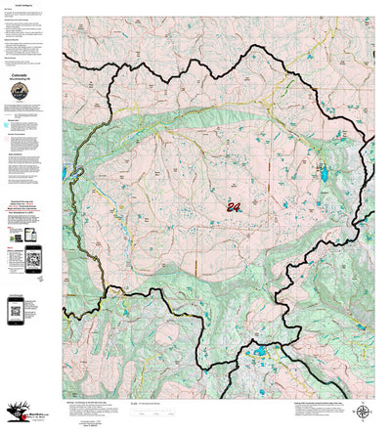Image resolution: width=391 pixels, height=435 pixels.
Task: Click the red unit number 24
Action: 234,206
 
